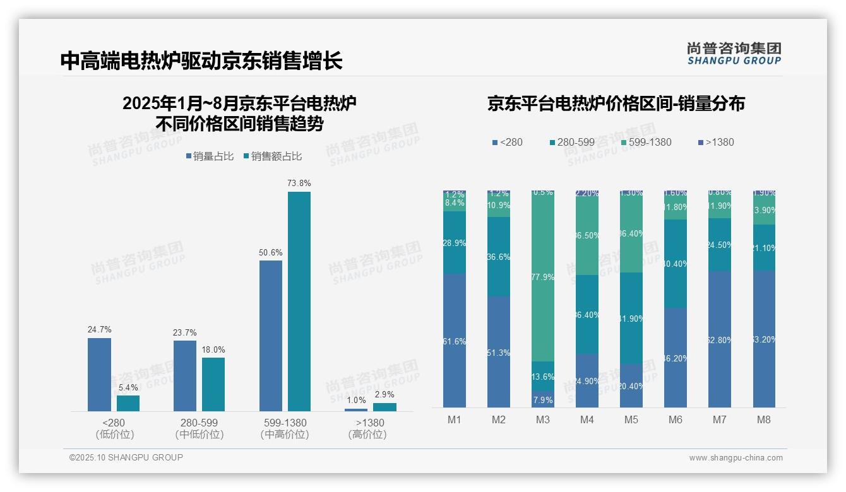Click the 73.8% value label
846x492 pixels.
click(299, 183)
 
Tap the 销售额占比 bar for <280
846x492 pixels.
click(128, 403)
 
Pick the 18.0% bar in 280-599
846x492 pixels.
click(213, 384)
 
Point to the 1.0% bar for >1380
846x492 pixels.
click(356, 409)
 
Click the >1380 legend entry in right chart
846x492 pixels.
click(715, 142)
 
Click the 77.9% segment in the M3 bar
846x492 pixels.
click(543, 277)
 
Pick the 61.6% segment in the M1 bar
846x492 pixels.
click(455, 341)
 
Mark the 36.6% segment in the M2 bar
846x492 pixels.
click(499, 257)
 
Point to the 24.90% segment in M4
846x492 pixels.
click(587, 380)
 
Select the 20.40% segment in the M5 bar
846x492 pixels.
click(631, 385)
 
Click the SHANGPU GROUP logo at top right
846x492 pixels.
click(734, 54)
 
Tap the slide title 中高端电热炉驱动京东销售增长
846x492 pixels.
click(202, 61)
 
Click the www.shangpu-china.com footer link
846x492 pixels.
click(736, 458)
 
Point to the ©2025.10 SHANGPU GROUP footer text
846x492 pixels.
click(126, 457)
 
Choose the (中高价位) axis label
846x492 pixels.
click(285, 435)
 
